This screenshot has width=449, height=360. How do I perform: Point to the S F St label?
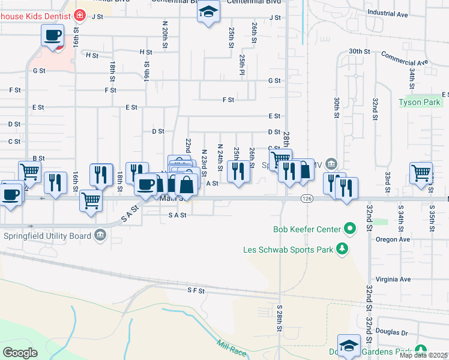(x=196, y=290)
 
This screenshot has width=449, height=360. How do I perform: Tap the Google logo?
(x=20, y=352)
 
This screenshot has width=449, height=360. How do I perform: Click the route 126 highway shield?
(x=307, y=199)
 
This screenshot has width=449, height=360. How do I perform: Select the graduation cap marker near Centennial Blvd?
(x=208, y=11)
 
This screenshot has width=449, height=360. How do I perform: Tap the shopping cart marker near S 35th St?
(x=421, y=172)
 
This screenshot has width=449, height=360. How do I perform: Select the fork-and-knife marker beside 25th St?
(x=238, y=171)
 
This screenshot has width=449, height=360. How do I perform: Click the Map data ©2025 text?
(x=424, y=355)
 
